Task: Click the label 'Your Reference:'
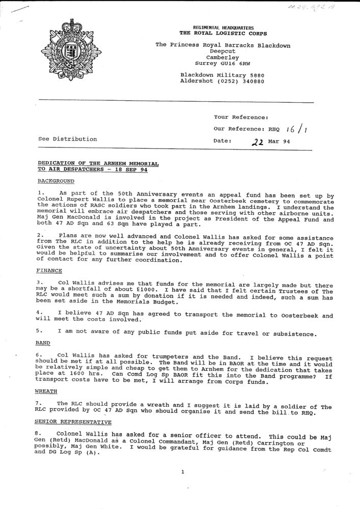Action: pos(241,118)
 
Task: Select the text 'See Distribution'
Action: pos(67,139)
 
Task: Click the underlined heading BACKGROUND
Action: pos(56,181)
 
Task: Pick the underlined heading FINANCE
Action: pos(50,270)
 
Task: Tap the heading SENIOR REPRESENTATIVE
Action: pos(72,422)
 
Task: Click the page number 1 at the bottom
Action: pos(182,472)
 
